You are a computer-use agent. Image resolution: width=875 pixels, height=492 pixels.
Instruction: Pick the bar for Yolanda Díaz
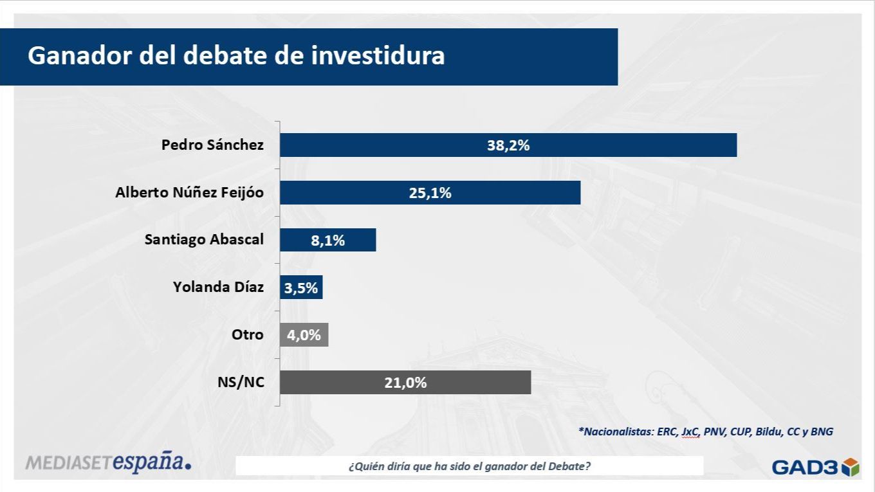(x=301, y=287)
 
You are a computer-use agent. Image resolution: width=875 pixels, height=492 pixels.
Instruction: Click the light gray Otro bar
(x=304, y=335)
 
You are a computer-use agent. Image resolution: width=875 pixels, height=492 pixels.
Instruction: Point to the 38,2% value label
(x=508, y=145)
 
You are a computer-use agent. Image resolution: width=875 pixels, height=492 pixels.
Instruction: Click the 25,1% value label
(x=430, y=193)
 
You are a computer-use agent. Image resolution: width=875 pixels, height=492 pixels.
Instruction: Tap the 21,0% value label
(x=405, y=383)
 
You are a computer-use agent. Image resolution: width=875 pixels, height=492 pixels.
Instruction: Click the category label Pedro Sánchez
(x=212, y=145)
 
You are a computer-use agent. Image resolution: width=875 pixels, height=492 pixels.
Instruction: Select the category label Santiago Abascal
(x=204, y=239)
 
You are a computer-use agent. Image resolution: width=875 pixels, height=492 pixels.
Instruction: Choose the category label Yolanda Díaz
(x=218, y=287)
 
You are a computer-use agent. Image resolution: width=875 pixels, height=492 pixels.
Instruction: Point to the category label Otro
(x=248, y=334)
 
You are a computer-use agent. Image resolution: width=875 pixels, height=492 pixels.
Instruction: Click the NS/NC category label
(x=241, y=383)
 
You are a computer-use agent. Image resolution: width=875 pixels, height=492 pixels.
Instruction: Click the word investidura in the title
(x=378, y=55)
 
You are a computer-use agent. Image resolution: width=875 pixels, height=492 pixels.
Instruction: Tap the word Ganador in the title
(x=78, y=55)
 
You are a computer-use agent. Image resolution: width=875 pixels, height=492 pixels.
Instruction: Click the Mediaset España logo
(x=108, y=462)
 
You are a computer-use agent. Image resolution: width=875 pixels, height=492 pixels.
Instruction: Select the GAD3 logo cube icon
(x=851, y=466)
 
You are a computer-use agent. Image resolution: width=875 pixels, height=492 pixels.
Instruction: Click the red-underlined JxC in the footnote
(x=690, y=432)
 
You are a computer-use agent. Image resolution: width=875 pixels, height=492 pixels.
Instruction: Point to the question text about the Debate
(x=469, y=466)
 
